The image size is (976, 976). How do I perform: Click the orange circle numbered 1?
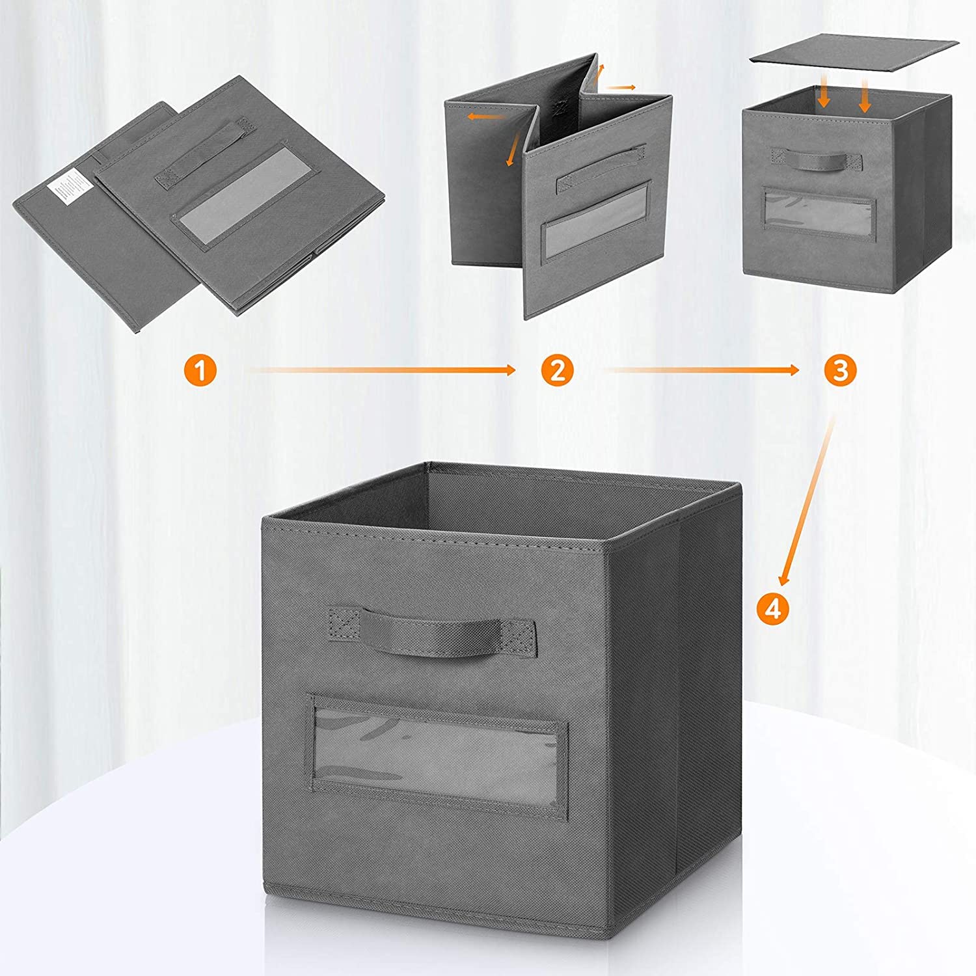199,371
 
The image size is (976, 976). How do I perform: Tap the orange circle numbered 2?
557,371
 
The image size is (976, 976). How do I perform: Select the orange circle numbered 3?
840,370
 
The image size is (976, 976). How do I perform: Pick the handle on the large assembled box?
432,629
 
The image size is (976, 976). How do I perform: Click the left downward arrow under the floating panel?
824,96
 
